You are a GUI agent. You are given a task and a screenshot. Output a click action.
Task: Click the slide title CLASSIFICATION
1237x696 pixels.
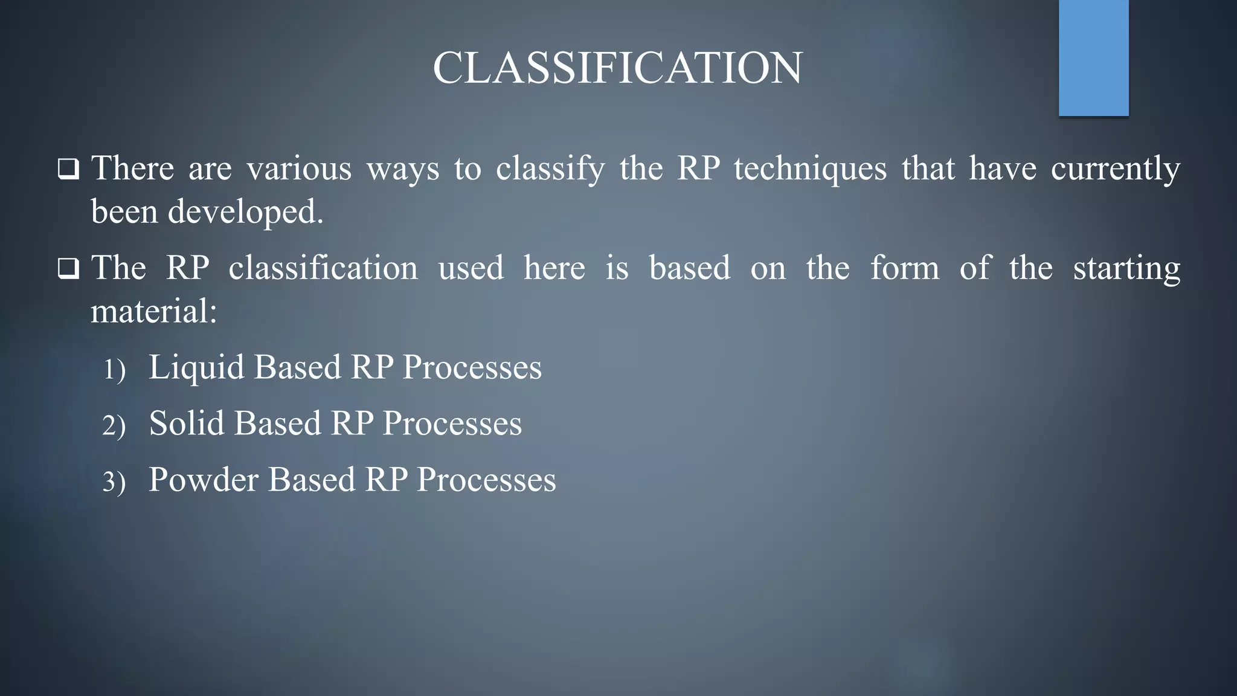pyautogui.click(x=617, y=68)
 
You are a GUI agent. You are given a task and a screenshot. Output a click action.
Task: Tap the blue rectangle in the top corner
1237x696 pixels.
pyautogui.click(x=1093, y=57)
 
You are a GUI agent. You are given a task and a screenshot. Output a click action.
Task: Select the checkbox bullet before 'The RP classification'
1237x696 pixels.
pyautogui.click(x=68, y=269)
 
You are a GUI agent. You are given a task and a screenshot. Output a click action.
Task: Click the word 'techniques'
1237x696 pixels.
pyautogui.click(x=810, y=169)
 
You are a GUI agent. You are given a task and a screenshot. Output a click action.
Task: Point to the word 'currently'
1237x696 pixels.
pyautogui.click(x=1115, y=169)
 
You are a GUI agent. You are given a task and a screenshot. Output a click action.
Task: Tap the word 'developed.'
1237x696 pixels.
pyautogui.click(x=245, y=212)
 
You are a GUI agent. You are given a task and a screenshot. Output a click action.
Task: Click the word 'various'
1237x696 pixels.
pyautogui.click(x=298, y=169)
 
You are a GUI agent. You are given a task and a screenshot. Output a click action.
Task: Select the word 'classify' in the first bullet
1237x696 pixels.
pyautogui.click(x=550, y=169)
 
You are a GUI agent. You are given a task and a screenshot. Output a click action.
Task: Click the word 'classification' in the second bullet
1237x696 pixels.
pyautogui.click(x=323, y=268)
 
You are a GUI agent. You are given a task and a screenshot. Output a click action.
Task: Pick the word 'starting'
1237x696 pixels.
pyautogui.click(x=1126, y=269)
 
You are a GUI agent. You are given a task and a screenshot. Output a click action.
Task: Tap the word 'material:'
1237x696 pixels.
pyautogui.click(x=153, y=312)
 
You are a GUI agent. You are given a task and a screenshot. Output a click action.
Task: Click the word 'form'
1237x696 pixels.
pyautogui.click(x=904, y=268)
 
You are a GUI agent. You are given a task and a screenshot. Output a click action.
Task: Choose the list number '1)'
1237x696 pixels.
pyautogui.click(x=114, y=369)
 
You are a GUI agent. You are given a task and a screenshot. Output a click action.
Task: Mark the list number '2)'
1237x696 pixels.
pyautogui.click(x=114, y=425)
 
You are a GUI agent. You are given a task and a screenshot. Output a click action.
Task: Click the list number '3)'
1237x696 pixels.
pyautogui.click(x=114, y=482)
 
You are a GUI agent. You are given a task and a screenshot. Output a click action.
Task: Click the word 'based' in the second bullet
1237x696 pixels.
pyautogui.click(x=689, y=268)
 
